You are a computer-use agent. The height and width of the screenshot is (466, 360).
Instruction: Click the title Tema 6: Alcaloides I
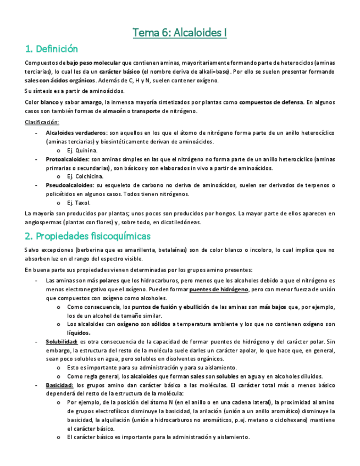[x=180, y=33]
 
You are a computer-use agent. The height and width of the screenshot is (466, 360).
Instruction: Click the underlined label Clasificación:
[x=42, y=122]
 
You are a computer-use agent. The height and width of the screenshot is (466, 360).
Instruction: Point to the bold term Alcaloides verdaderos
[x=76, y=133]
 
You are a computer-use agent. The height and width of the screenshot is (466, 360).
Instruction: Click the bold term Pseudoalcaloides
[x=70, y=186]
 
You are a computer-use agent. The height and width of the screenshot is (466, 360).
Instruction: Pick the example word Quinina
[x=86, y=151]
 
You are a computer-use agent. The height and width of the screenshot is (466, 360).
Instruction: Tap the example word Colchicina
[x=89, y=176]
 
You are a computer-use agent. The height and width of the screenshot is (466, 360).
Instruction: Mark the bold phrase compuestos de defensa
[x=270, y=102]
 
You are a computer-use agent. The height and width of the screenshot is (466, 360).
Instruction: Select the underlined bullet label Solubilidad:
[x=60, y=342]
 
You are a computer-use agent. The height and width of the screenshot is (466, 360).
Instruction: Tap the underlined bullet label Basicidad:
[x=59, y=385]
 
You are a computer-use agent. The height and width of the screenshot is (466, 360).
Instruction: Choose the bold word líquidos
[x=79, y=333]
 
